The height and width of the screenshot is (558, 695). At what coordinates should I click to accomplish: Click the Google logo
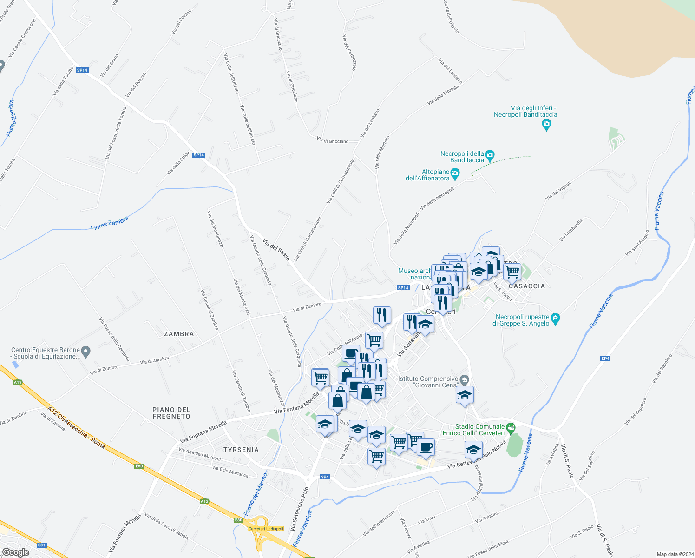(x=15, y=552)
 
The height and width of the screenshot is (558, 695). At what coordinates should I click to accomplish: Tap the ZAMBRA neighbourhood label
(x=179, y=334)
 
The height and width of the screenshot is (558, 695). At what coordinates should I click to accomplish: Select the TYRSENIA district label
(x=241, y=450)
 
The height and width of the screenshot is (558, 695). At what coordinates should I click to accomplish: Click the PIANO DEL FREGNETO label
(x=171, y=413)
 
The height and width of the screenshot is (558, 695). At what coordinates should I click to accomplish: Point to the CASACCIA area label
(x=526, y=286)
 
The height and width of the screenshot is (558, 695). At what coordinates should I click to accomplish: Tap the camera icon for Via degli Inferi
(x=546, y=124)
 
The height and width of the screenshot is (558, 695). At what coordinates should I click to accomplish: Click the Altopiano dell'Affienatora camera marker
(x=455, y=175)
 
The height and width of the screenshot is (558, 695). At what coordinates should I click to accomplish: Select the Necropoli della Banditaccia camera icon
(x=490, y=154)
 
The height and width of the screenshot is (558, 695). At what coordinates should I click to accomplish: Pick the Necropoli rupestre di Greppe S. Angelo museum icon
(x=555, y=320)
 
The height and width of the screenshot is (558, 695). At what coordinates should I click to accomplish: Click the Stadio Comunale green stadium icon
(x=511, y=427)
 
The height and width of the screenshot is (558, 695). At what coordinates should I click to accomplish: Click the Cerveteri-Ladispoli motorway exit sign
(x=266, y=529)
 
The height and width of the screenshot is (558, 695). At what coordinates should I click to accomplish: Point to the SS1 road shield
(x=42, y=545)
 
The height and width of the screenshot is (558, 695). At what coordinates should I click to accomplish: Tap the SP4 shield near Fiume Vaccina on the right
(x=605, y=359)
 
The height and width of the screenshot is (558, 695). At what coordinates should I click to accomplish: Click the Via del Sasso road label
(x=276, y=249)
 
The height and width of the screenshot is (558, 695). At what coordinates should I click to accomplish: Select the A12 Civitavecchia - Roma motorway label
(x=76, y=428)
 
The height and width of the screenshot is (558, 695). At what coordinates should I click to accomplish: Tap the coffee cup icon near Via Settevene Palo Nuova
(x=426, y=447)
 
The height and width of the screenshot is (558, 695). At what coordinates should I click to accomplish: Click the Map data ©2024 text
(x=675, y=554)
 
